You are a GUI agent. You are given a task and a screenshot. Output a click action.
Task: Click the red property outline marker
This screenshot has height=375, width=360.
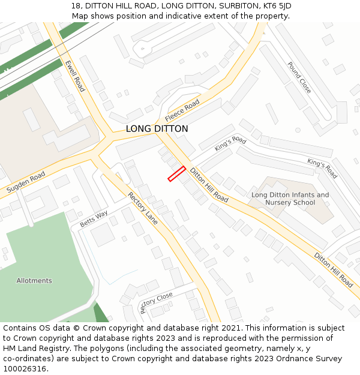176,173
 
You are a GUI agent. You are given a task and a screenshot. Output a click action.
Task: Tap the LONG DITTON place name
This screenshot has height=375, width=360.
157,129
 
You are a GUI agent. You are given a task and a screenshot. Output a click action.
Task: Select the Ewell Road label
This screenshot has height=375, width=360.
75,76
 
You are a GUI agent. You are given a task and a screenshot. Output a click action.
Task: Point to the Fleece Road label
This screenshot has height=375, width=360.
182,110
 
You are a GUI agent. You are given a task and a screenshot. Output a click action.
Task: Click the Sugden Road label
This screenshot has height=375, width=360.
26,182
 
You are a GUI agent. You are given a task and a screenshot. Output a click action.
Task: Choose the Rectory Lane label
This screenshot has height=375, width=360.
143,208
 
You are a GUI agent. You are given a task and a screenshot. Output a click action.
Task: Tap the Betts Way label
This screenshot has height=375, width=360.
94,218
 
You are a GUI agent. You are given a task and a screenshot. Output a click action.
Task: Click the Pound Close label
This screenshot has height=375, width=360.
299,77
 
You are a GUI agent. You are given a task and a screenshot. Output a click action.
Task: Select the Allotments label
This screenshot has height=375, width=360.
34,281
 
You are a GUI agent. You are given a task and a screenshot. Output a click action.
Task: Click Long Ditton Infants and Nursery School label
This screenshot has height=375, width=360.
290,199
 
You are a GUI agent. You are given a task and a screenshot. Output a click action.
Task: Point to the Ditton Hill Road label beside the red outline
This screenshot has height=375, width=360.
209,185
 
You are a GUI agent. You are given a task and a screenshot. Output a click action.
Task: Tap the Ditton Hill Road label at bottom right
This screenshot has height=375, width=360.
333,270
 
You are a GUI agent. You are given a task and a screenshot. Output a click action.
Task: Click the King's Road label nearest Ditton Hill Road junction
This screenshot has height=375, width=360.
230,144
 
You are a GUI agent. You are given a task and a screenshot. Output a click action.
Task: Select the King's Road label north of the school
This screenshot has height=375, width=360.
322,169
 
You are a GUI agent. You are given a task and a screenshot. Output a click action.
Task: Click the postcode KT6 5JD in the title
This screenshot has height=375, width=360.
271,5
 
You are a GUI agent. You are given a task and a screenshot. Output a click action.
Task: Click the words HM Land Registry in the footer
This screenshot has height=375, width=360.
30,349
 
